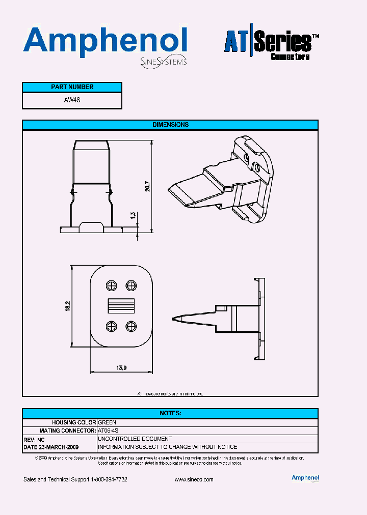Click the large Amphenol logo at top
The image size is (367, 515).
click(x=105, y=42)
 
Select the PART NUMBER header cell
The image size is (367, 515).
click(x=72, y=87)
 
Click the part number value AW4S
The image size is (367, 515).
click(x=72, y=100)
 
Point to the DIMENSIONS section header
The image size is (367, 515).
click(x=170, y=125)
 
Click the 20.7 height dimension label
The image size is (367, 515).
click(x=147, y=186)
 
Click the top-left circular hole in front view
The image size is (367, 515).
click(x=111, y=285)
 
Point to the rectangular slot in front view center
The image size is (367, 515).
click(x=121, y=305)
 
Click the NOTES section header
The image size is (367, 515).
click(x=170, y=413)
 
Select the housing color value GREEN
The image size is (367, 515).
click(x=107, y=422)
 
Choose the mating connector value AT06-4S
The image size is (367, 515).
click(x=108, y=431)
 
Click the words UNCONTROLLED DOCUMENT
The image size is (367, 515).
click(x=135, y=439)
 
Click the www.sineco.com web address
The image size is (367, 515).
click(x=194, y=480)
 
